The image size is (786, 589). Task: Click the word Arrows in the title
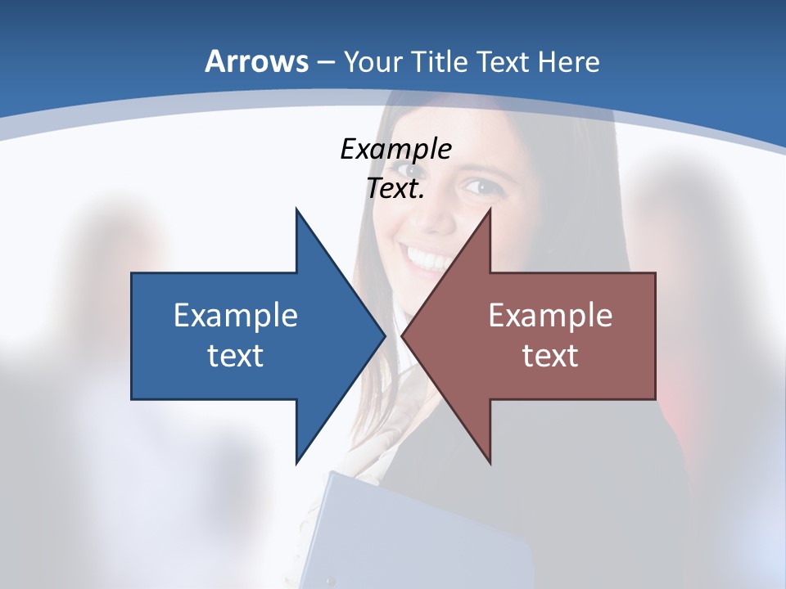(x=256, y=61)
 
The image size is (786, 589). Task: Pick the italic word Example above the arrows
(x=395, y=149)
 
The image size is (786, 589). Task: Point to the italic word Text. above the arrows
(x=395, y=189)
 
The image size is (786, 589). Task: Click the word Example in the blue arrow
(x=236, y=315)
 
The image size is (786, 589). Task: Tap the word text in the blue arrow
(x=236, y=355)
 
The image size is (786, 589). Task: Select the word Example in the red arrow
(x=550, y=315)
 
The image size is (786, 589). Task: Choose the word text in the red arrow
(x=550, y=355)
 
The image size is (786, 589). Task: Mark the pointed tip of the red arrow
(x=404, y=335)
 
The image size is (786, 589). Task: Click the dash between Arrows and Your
(x=324, y=62)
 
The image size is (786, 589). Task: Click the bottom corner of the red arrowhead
(x=490, y=462)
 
